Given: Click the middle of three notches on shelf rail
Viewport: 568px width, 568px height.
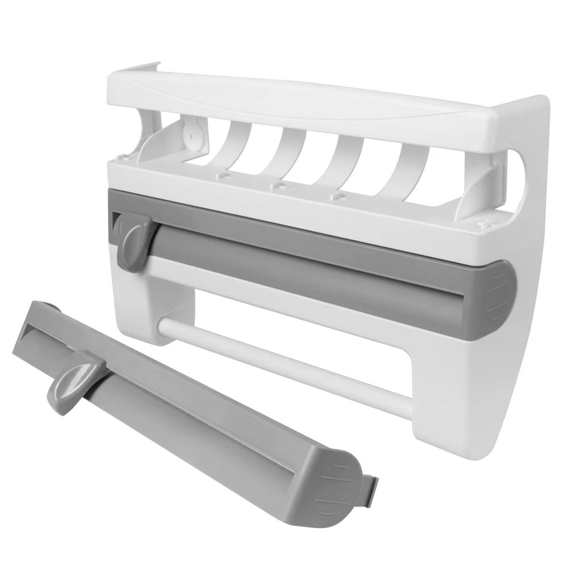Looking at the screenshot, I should click(x=278, y=185).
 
